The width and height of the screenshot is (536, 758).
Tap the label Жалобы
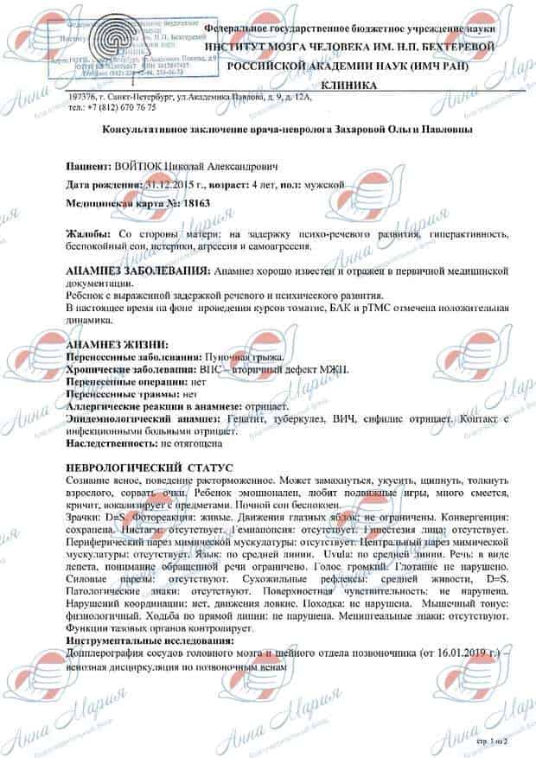(89, 234)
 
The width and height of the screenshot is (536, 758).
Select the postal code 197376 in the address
(85, 98)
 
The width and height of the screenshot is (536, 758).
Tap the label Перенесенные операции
(119, 380)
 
